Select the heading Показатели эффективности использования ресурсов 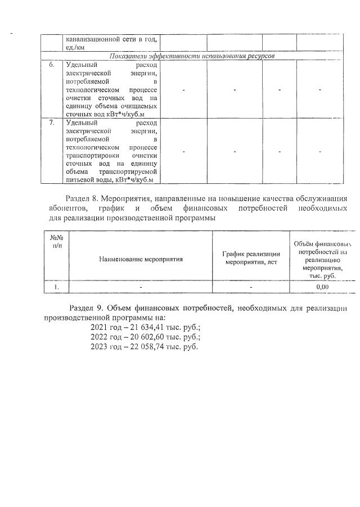(192, 56)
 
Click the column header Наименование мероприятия (141, 260)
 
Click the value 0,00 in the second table (322, 287)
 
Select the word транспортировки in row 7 (90, 155)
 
